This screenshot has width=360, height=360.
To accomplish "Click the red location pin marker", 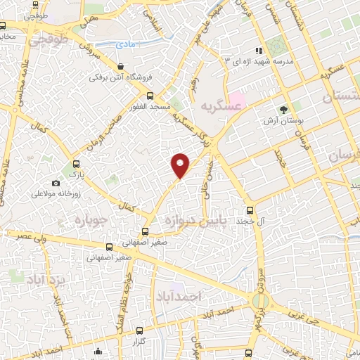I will pos(181,165).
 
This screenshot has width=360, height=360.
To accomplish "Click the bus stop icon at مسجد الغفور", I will pos(149,96).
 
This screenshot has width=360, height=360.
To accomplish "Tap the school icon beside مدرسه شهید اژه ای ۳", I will pos(259,51).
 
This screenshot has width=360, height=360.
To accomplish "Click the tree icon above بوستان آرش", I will pos(283,110).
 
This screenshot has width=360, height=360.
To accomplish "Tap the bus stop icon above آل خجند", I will pos(250,210).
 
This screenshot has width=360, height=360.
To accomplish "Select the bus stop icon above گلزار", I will pos(139,330).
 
